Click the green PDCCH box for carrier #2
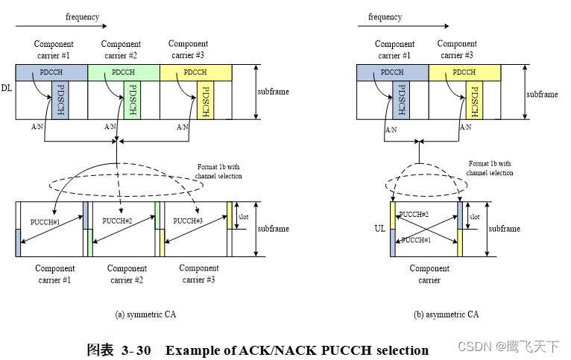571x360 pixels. pyautogui.click(x=123, y=72)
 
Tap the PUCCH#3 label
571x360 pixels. pyautogui.click(x=189, y=221)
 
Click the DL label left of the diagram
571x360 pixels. pyautogui.click(x=6, y=87)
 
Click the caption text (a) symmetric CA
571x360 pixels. pyautogui.click(x=145, y=315)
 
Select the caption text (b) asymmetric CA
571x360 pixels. pyautogui.click(x=446, y=315)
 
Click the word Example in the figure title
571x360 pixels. pyautogui.click(x=191, y=350)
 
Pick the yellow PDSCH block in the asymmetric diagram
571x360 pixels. pyautogui.click(x=475, y=100)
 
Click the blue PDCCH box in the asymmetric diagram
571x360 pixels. pyautogui.click(x=391, y=72)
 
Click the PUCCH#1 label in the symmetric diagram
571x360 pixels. pyautogui.click(x=44, y=221)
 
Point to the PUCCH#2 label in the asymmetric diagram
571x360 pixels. pyautogui.click(x=414, y=214)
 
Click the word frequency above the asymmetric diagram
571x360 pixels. pyautogui.click(x=385, y=16)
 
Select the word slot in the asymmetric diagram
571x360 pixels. pyautogui.click(x=474, y=216)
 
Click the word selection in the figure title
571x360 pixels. pyautogui.click(x=403, y=350)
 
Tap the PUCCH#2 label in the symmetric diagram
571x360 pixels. pyautogui.click(x=117, y=221)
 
